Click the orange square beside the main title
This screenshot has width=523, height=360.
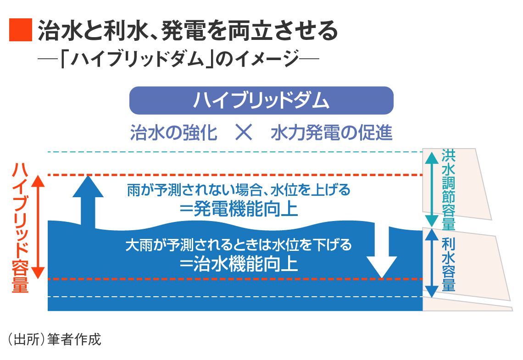(21, 30)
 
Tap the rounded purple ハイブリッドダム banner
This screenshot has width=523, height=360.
(261, 100)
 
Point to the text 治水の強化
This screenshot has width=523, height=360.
(173, 133)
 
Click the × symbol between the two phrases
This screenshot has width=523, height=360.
(244, 133)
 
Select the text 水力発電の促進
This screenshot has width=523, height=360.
(331, 133)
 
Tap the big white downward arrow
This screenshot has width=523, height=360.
(381, 255)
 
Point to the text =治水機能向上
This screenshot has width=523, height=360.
(239, 264)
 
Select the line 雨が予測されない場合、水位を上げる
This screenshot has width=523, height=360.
(239, 190)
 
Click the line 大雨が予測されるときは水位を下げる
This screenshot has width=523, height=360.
(239, 245)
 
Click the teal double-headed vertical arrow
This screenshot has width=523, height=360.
(430, 189)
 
